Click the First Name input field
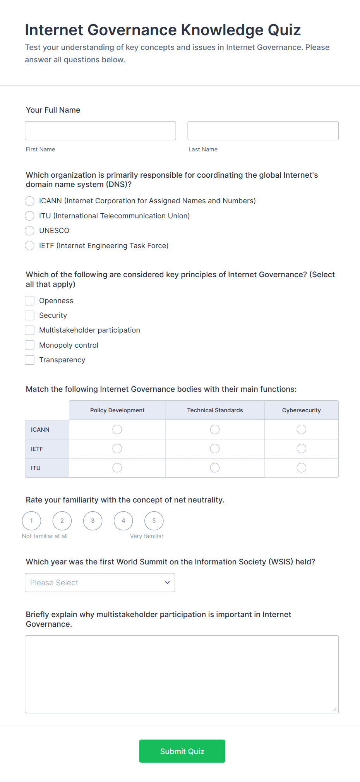pos(100,130)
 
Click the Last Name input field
pos(263,130)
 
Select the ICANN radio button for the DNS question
pos(30,201)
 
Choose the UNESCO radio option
pos(30,231)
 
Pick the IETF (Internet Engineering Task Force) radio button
pos(30,246)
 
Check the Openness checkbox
pos(30,301)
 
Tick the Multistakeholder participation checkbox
pos(30,330)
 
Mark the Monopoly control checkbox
pos(30,345)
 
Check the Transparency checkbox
pos(30,360)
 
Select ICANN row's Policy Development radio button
pos(117,429)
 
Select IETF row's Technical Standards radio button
pos(215,449)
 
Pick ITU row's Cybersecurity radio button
pos(301,468)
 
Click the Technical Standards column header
pos(215,410)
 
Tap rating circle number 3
pos(93,521)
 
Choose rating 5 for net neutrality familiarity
pos(154,521)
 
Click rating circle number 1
pos(31,521)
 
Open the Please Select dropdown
pos(100,583)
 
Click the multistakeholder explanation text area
pos(182,674)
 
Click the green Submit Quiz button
pos(182,751)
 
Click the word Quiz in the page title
pos(284,30)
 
